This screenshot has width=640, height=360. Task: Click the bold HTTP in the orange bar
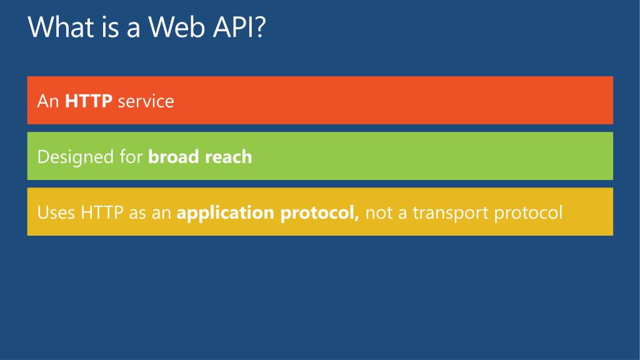click(x=89, y=101)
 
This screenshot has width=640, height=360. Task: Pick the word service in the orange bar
click(x=146, y=101)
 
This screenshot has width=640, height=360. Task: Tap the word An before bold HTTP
click(x=47, y=101)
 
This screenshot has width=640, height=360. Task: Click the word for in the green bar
click(x=131, y=157)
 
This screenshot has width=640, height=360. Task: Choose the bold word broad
click(x=173, y=157)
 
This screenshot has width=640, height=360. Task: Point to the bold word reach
click(x=227, y=157)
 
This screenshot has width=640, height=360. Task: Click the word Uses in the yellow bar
click(x=56, y=212)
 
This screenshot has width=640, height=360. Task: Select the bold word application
click(x=225, y=214)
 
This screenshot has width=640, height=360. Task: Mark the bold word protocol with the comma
click(x=319, y=214)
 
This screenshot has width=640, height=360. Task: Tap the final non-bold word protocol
click(x=528, y=214)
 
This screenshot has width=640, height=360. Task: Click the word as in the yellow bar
click(x=137, y=212)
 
